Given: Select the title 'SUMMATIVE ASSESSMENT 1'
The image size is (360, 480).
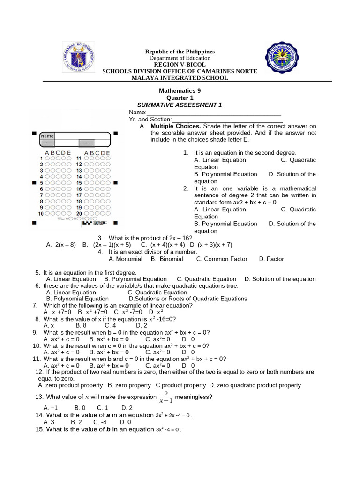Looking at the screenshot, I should coord(179,105).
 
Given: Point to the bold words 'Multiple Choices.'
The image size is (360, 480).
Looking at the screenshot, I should coord(176,126).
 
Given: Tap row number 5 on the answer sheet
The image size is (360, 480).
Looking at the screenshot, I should coord(41,183).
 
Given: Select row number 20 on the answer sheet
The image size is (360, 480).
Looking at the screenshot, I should coord(79,213).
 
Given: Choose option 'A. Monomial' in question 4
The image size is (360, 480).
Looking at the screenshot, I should coord(125,259).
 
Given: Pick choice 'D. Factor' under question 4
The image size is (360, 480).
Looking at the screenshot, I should coord(271,259).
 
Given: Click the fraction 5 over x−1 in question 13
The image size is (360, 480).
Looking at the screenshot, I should coord(165,397).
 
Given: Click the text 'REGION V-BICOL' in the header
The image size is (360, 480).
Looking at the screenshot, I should coord(180,64).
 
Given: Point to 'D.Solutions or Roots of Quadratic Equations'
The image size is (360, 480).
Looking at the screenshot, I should coord(187,299).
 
